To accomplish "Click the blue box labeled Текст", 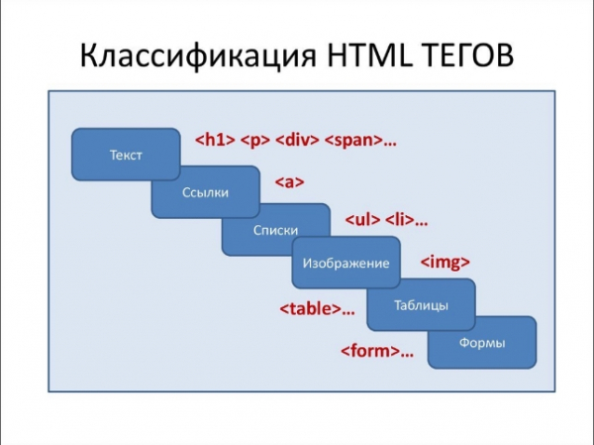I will click(x=126, y=155).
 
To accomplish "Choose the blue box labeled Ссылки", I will click(x=205, y=192).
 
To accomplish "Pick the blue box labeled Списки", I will click(x=275, y=230).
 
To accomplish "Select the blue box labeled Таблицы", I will click(x=421, y=304).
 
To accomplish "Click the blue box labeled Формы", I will click(x=482, y=343).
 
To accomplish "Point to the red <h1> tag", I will click(x=213, y=140).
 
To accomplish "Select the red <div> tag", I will click(x=297, y=140).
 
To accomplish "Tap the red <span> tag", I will click(x=353, y=140).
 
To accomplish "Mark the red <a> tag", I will click(x=288, y=182).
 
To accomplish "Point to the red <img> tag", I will click(x=445, y=263).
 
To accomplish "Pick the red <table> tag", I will click(x=311, y=308).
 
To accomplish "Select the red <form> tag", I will click(x=370, y=351).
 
